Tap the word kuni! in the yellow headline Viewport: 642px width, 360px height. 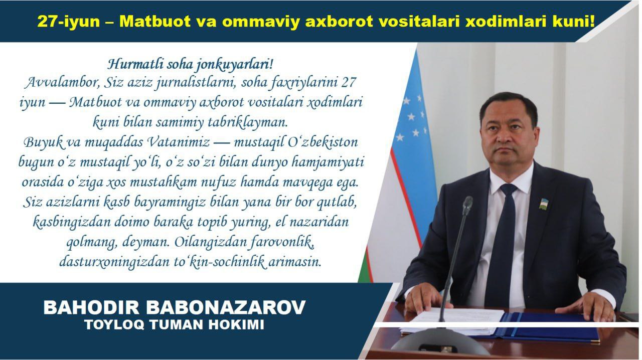(x=574, y=21)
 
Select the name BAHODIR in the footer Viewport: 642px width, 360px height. (x=91, y=307)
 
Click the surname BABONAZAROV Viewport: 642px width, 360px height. (x=226, y=307)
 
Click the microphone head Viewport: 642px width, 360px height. (x=467, y=205)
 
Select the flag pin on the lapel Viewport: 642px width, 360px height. (x=543, y=203)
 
